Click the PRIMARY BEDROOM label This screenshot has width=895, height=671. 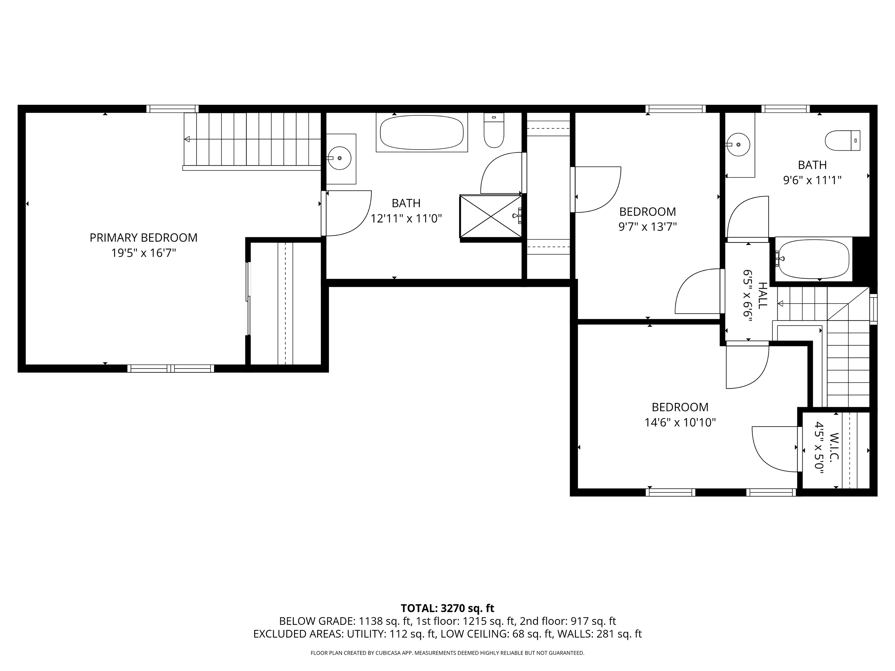[x=143, y=237]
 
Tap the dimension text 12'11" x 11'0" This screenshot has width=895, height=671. [x=406, y=219]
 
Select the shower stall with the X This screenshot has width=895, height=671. [x=490, y=216]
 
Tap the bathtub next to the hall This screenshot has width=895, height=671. [x=813, y=259]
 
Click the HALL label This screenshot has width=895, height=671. [x=762, y=295]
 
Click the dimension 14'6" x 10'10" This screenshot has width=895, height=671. [x=680, y=422]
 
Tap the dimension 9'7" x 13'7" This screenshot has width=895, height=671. [x=647, y=227]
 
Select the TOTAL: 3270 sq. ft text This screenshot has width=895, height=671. [x=447, y=608]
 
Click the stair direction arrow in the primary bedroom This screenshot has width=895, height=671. [x=187, y=139]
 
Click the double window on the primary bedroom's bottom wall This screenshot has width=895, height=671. [x=170, y=368]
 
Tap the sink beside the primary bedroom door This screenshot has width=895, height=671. [x=339, y=158]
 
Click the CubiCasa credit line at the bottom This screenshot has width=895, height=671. [x=447, y=653]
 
